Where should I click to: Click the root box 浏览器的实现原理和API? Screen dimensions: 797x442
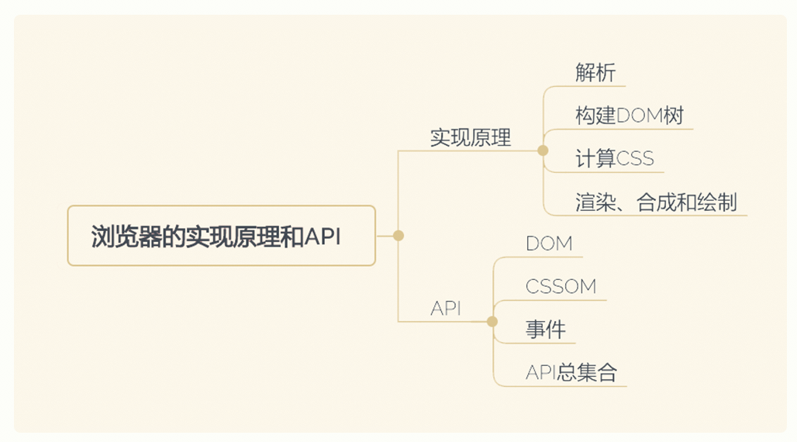(x=222, y=236)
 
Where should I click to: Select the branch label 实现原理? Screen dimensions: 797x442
(x=470, y=138)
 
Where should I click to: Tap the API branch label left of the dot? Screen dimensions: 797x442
(x=446, y=308)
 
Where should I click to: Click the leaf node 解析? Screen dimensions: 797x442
(x=595, y=73)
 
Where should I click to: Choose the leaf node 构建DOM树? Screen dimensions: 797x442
(x=630, y=116)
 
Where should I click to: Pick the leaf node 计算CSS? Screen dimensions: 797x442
(x=615, y=159)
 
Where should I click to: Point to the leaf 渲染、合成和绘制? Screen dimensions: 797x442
(x=656, y=202)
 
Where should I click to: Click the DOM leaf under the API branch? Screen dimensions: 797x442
(x=549, y=243)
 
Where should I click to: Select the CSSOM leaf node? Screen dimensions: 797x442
(x=561, y=286)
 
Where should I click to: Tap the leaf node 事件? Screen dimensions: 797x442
(x=545, y=330)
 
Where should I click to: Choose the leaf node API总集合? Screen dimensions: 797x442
(x=571, y=372)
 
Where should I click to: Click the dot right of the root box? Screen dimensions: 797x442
(x=398, y=236)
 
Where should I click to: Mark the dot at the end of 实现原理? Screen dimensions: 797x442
(x=543, y=150)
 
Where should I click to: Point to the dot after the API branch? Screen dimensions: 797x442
(x=492, y=322)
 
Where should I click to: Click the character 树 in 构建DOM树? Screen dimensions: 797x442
(x=674, y=116)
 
